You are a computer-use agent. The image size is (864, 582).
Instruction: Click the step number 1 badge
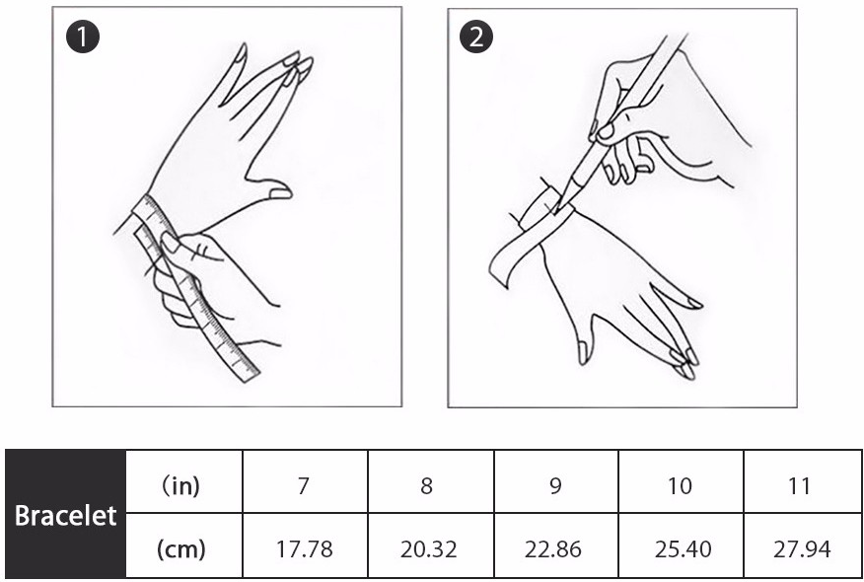tap(83, 36)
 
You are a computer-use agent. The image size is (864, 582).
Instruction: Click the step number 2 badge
tap(476, 36)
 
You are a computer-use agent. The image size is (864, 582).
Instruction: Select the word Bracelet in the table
tap(65, 516)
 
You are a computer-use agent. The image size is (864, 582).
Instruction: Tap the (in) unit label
tap(180, 486)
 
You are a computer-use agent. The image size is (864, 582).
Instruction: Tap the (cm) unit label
tap(180, 548)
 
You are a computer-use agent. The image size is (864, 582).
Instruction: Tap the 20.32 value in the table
tap(428, 549)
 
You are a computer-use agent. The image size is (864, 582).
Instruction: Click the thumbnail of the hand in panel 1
tap(280, 193)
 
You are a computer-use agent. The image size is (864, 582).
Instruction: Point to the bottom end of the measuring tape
tap(250, 377)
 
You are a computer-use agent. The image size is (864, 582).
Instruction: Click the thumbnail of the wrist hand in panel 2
tap(583, 353)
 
